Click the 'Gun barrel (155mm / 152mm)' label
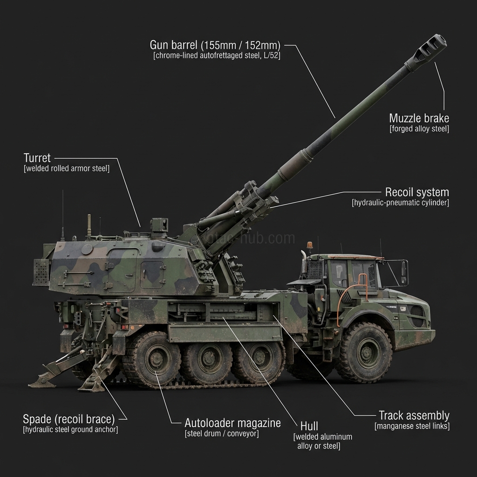(x=215, y=45)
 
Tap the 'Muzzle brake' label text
(x=419, y=118)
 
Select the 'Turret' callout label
(x=37, y=158)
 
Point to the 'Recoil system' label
(x=417, y=192)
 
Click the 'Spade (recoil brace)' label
(x=68, y=418)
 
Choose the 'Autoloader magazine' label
(x=232, y=423)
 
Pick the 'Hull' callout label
(x=309, y=426)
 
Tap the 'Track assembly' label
(x=414, y=415)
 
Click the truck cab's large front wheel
(x=364, y=353)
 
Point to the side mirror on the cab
(x=404, y=273)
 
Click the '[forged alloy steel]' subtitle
(x=419, y=129)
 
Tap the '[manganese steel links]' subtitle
(x=412, y=426)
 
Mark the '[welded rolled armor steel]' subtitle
(x=67, y=169)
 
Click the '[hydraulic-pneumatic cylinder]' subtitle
(x=400, y=203)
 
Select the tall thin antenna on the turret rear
(x=62, y=214)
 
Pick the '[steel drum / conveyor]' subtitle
(x=221, y=434)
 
